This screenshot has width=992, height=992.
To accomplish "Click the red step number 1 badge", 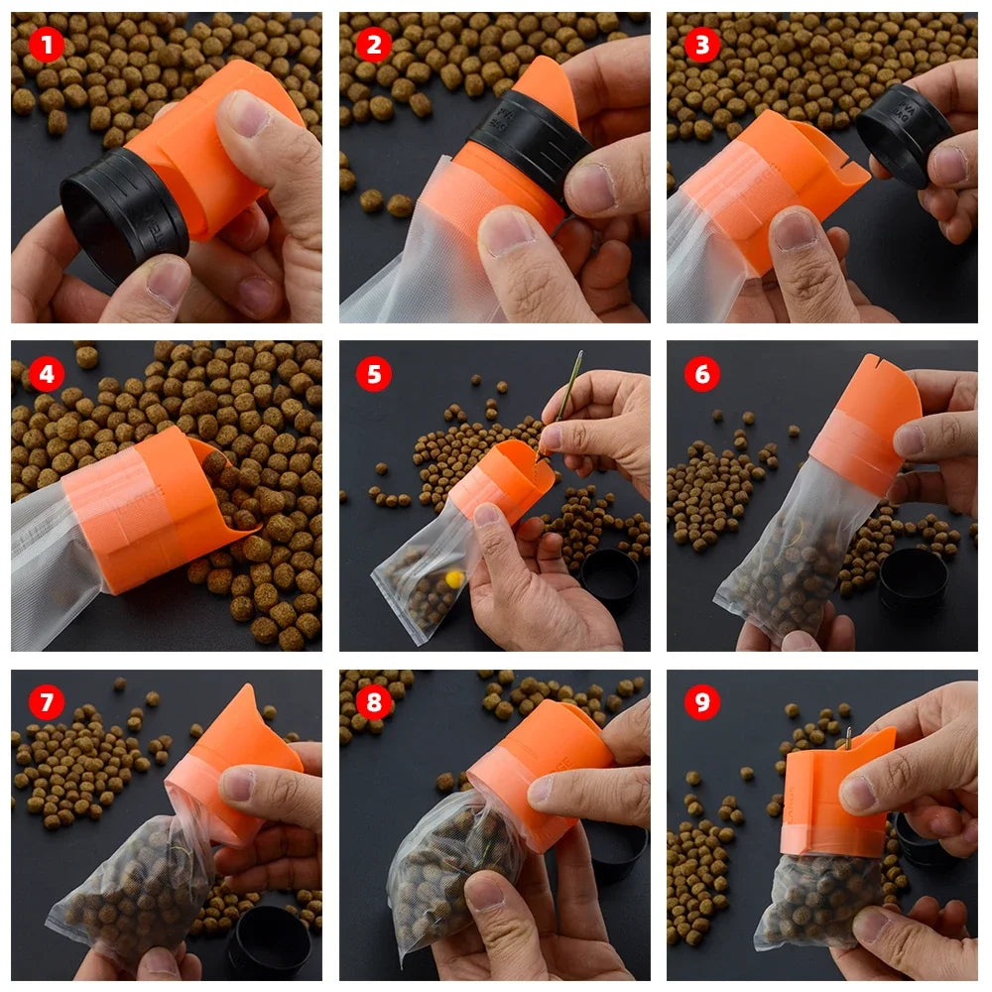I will point(46,45).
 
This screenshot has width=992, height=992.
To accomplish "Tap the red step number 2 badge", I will point(374,45).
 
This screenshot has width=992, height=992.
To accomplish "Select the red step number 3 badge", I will point(702,45).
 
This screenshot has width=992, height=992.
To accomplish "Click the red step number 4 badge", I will point(46,374).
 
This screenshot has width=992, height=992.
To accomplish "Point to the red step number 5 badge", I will point(374,374).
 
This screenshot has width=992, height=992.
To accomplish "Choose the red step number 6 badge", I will point(702,374).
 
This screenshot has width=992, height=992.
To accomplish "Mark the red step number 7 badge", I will point(46,702).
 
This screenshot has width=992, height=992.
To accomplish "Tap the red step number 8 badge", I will point(374,702).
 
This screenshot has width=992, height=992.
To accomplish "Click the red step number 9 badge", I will point(702,702).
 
